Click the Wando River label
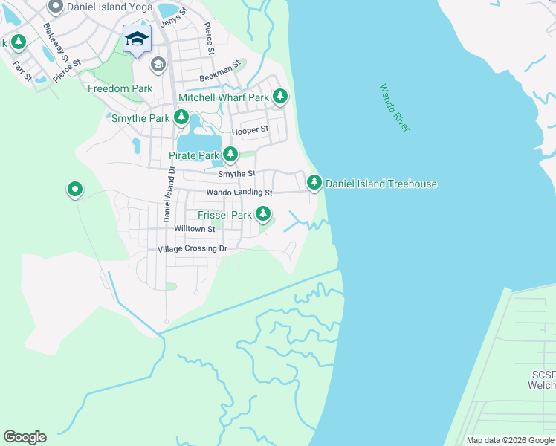coord(395,109)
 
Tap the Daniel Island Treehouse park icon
coord(314,182)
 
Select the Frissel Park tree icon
coord(263,214)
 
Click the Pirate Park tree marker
coord(230,155)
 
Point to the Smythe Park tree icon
coord(181,117)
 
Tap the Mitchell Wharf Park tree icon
coord(280,97)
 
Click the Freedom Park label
coord(120,88)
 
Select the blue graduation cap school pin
coord(137,38)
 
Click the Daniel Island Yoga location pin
coord(55,7)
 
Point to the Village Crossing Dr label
coord(192,248)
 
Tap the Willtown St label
coord(194,229)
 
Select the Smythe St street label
coord(236,173)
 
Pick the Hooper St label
coord(250,131)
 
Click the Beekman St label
coord(220,77)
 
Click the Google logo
coord(25,437)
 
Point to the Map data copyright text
coord(510,440)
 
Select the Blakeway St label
coord(56,42)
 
